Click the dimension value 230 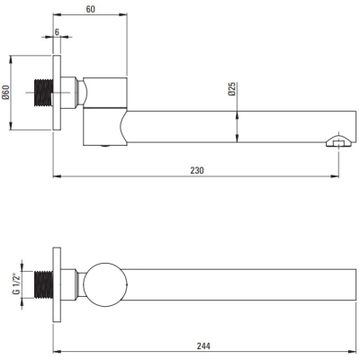(197, 170)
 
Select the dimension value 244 (203, 346)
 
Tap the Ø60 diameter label (6, 93)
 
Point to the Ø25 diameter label (232, 89)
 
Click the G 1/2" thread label (16, 283)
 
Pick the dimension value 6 (57, 31)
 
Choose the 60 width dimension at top (90, 9)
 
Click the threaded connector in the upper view (44, 93)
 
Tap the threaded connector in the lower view (44, 284)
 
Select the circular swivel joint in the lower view (105, 284)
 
